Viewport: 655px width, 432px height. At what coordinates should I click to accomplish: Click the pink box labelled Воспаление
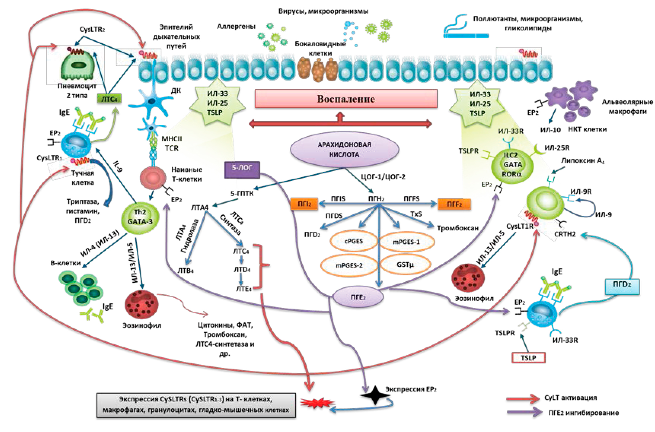346,99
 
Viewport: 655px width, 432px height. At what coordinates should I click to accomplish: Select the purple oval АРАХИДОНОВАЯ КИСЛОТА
344,150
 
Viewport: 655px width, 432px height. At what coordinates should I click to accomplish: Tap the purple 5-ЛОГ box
242,169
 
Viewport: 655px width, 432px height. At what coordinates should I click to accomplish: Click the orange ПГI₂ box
304,204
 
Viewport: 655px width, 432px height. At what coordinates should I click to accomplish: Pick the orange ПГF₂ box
454,204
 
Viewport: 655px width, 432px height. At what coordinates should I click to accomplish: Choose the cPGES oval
353,241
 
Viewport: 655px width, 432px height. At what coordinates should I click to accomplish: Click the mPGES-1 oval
406,242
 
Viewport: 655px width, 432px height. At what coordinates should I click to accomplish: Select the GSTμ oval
405,264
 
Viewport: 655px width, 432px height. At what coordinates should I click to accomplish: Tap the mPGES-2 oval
349,265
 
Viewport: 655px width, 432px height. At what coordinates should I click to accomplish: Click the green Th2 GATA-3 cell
140,217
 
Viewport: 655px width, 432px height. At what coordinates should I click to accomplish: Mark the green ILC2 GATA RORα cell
512,165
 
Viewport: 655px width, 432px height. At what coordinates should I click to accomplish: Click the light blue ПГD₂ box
622,286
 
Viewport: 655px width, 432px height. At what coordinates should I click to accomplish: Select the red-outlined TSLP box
528,358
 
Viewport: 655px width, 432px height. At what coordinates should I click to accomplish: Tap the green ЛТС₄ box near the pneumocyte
109,99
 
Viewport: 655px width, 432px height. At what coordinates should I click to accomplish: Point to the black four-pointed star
375,395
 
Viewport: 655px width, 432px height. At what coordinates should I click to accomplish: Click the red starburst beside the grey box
317,403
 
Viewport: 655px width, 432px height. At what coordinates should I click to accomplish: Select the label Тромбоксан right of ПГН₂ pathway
458,228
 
